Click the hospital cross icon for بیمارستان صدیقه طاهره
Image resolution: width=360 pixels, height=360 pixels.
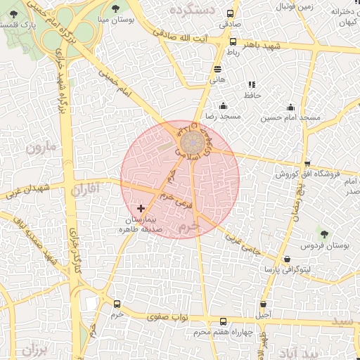pyautogui.click(x=141, y=208)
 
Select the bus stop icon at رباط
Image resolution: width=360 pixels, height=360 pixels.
pyautogui.click(x=233, y=42)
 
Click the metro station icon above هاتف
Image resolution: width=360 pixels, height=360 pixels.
pyautogui.click(x=217, y=69)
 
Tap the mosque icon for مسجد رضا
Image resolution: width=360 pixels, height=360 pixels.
pyautogui.click(x=223, y=105)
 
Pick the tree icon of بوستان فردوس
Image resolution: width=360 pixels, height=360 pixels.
pyautogui.click(x=324, y=234)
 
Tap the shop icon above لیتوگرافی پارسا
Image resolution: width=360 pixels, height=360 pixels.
pyautogui.click(x=286, y=259)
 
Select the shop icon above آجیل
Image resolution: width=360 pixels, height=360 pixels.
pyautogui.click(x=263, y=304)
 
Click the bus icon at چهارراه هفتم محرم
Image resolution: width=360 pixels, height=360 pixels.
pyautogui.click(x=223, y=321)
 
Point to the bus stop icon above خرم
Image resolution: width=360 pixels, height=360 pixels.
pyautogui.click(x=117, y=304)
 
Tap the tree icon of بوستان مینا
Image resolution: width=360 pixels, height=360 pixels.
pyautogui.click(x=115, y=8)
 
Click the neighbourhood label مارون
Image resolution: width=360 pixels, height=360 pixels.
pyautogui.click(x=41, y=148)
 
